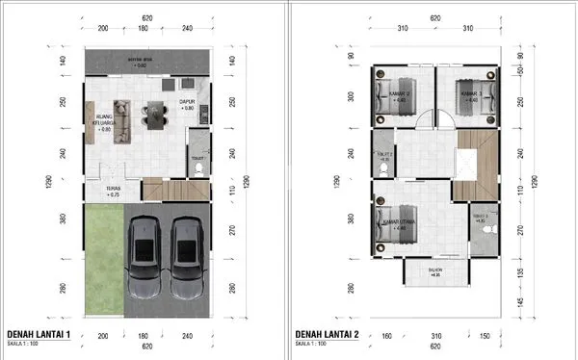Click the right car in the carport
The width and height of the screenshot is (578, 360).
(x=189, y=259)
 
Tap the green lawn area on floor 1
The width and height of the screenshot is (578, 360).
(x=103, y=259)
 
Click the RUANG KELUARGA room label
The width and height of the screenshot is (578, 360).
(x=97, y=123)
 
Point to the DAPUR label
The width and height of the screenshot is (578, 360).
(x=188, y=105)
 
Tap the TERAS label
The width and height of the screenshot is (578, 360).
(x=114, y=190)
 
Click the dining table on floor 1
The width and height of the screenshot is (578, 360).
(x=152, y=114)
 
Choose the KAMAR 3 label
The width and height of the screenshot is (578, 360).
(x=469, y=94)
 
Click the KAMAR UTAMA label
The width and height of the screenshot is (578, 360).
(x=399, y=225)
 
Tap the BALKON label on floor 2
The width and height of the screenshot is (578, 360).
(x=435, y=272)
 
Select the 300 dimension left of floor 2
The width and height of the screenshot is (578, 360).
(x=351, y=95)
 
